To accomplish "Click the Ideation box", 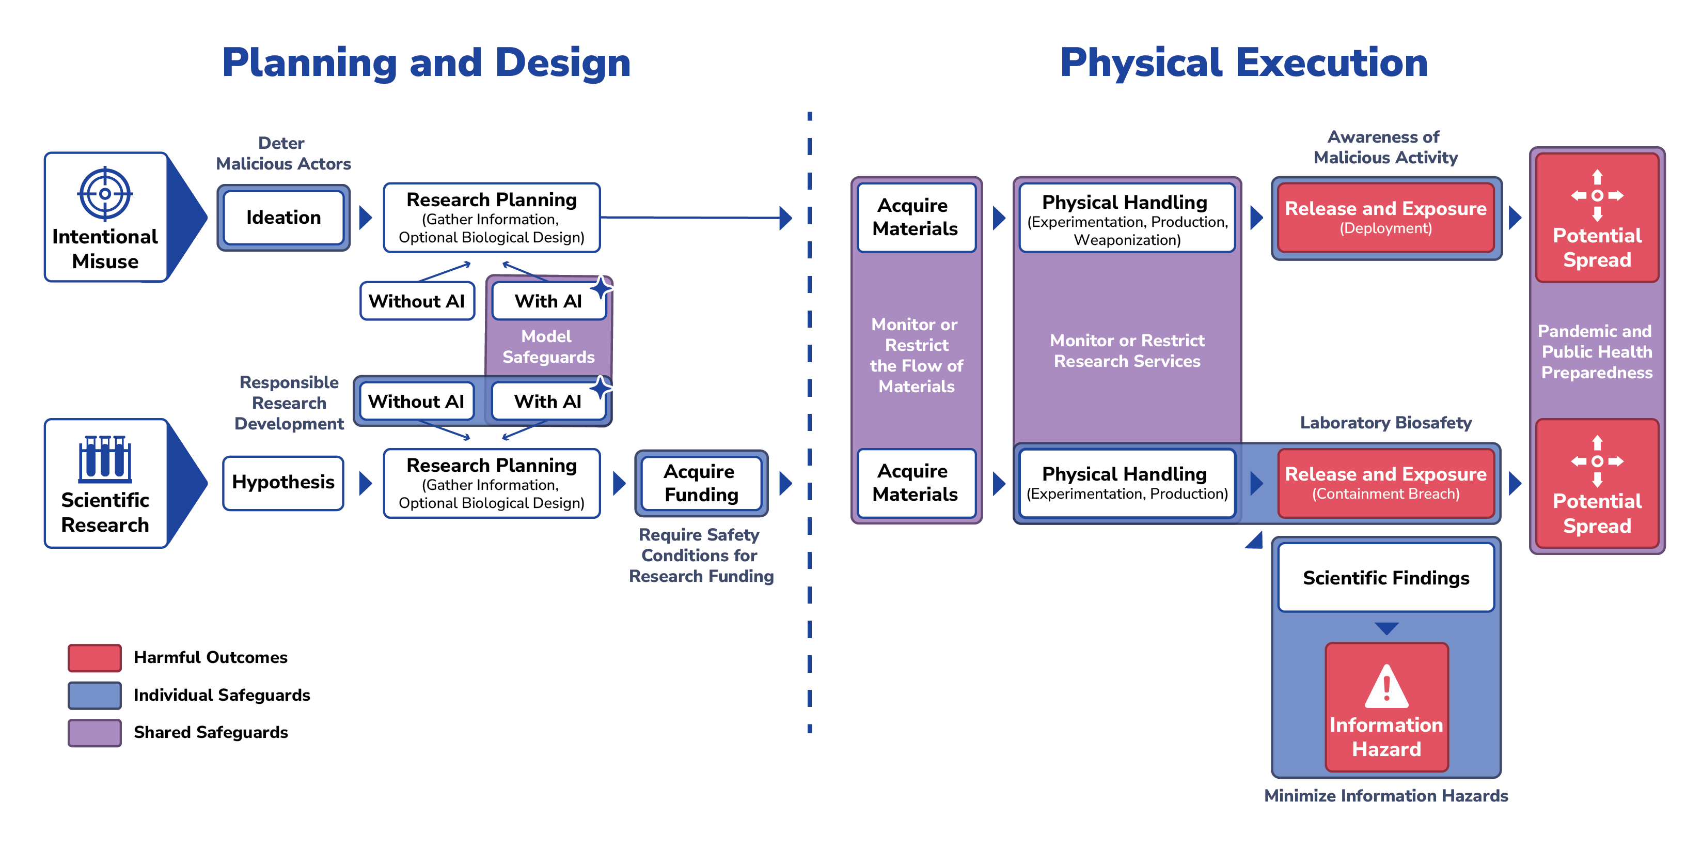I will (283, 218).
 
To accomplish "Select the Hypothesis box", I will (283, 483).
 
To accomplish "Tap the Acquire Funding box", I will (701, 483).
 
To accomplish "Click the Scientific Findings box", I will (1385, 578).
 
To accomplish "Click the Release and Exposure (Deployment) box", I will (1385, 218).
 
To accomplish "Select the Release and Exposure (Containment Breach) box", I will (1385, 483).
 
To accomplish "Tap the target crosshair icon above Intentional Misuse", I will (105, 194).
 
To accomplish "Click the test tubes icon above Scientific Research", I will (105, 457).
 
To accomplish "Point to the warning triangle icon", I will (1386, 687).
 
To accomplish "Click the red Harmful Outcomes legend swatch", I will (94, 658).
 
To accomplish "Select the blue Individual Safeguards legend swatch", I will (94, 696).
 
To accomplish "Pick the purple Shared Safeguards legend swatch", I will (94, 732).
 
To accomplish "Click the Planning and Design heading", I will (426, 63).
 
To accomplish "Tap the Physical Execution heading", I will (1243, 63).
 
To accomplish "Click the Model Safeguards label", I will (548, 346).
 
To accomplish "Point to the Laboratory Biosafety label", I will (1385, 423).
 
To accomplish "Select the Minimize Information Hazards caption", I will (1385, 796).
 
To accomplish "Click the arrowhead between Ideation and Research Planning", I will (365, 218).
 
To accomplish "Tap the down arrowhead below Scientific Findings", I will (1386, 628).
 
